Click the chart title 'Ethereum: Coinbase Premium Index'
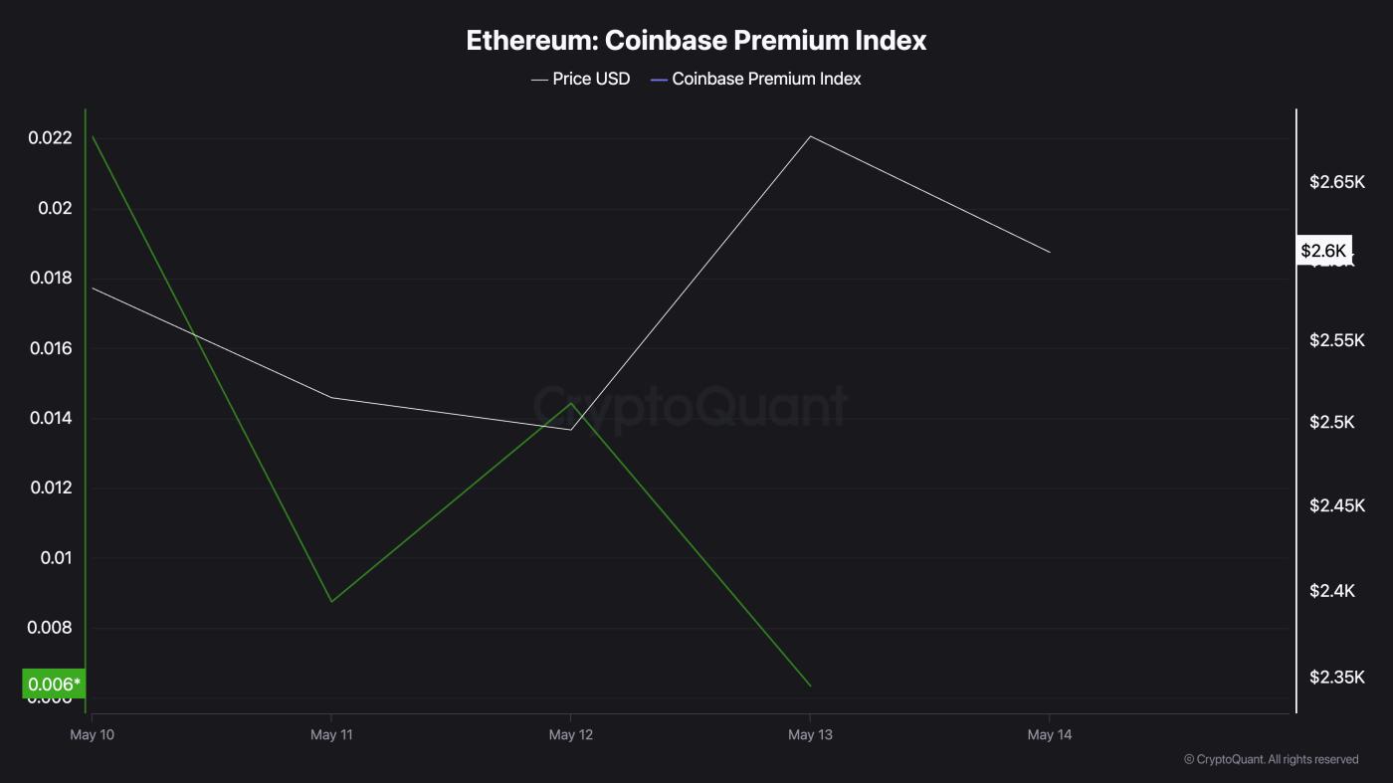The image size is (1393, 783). coord(696,41)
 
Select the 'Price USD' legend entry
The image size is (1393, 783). coord(581,79)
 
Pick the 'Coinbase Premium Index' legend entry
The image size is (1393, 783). coord(755,79)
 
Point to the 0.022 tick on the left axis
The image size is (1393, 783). coord(50,137)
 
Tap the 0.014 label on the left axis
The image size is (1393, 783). coord(50,418)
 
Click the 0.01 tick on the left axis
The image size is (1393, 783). coord(56,557)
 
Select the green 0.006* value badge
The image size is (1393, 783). coord(54,684)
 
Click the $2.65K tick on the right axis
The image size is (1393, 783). coord(1336,181)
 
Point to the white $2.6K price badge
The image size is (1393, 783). coord(1323,251)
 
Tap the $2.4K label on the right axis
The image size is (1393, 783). coord(1332,591)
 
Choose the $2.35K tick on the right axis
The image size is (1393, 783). coord(1336,678)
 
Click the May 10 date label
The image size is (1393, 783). coord(92,735)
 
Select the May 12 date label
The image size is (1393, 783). coord(571,735)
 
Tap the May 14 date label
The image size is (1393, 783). coord(1050,735)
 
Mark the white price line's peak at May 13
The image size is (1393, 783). coord(810,136)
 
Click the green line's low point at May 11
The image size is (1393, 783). coord(331,601)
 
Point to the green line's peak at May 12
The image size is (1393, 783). coord(571,403)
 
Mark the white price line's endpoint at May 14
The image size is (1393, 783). coord(1050,252)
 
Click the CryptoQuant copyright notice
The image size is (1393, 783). coord(1271,759)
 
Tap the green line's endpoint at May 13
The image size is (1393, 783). coord(810,685)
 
